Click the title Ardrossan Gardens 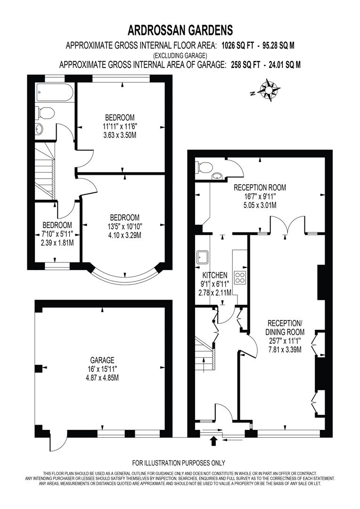click(180, 31)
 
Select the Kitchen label click(215, 275)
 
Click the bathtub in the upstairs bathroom click(54, 92)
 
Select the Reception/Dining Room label click(284, 323)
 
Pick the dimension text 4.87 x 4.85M click(103, 378)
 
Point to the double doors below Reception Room click(287, 225)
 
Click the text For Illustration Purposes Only click(179, 462)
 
